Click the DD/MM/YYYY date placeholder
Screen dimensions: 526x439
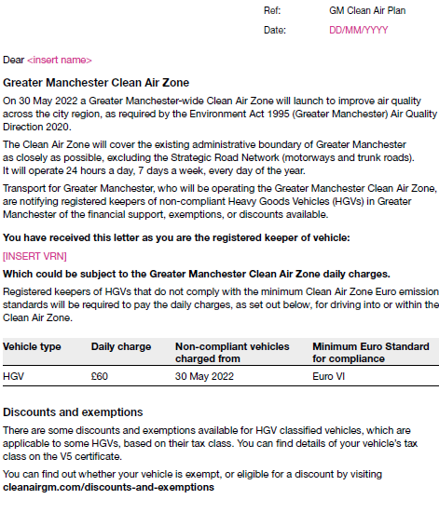pyautogui.click(x=358, y=30)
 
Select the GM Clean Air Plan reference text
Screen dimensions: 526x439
pyautogui.click(x=368, y=10)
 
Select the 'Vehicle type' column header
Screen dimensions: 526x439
pyautogui.click(x=32, y=346)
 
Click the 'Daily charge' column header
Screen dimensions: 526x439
pyautogui.click(x=120, y=346)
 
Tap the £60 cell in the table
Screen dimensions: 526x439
pyautogui.click(x=100, y=377)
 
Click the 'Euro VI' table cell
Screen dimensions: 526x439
pyautogui.click(x=328, y=377)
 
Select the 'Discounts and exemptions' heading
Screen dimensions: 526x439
pyautogui.click(x=73, y=411)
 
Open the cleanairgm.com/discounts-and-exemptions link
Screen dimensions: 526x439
pyautogui.click(x=108, y=486)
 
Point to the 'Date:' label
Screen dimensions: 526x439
pyautogui.click(x=274, y=30)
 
